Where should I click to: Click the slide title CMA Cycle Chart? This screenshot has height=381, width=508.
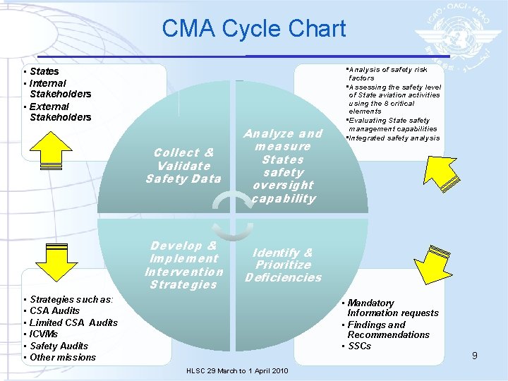(253, 29)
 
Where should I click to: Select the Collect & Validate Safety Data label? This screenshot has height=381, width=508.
(183, 165)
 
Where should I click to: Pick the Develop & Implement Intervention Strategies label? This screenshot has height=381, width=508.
(183, 265)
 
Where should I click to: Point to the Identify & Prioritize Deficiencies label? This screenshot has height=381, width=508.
(283, 265)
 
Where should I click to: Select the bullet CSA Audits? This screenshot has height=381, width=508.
(55, 310)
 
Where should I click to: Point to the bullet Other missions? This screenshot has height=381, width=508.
(62, 357)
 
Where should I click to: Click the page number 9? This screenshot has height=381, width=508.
(475, 356)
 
